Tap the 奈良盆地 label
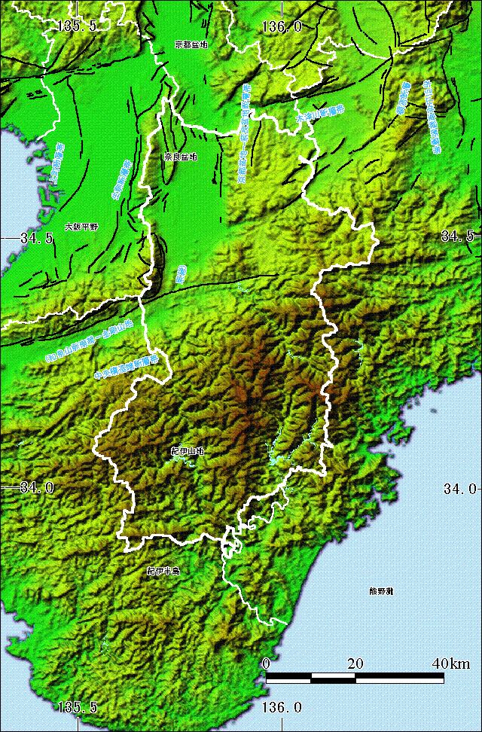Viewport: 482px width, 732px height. point(180,157)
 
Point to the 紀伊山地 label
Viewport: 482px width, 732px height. point(187,451)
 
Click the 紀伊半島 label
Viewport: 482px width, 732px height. point(163,572)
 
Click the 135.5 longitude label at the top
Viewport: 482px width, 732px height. point(78,26)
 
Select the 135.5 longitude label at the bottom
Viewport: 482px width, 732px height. point(78,707)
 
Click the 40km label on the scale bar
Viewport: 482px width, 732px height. point(450,663)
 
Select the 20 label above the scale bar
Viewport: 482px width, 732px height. point(355,663)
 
